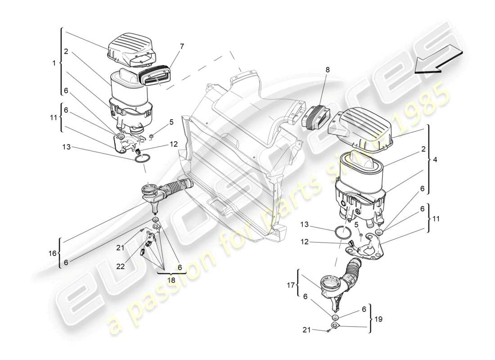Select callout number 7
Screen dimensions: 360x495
click(x=182, y=46)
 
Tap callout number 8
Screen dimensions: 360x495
click(x=327, y=70)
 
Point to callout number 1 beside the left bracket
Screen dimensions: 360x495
click(x=54, y=63)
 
